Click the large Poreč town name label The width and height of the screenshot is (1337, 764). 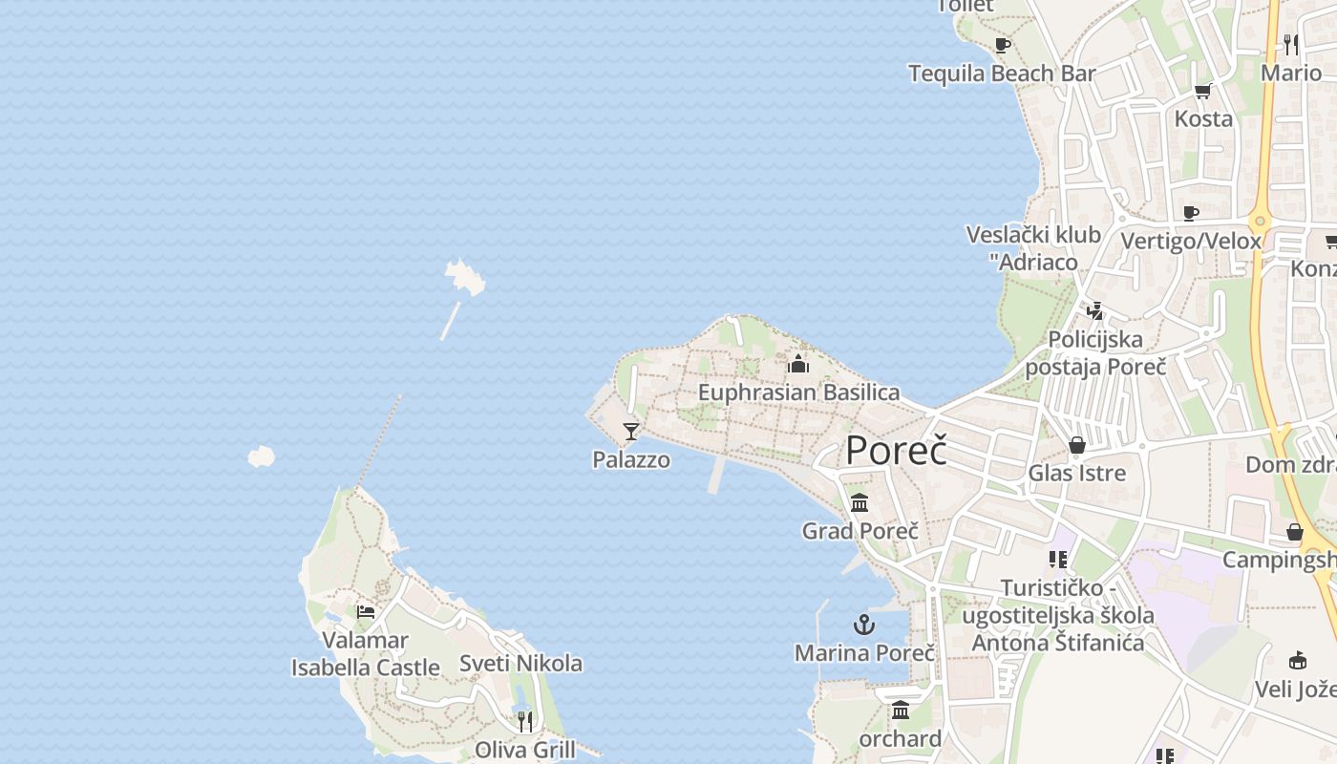(x=896, y=450)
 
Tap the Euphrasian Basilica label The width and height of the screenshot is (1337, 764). (x=798, y=393)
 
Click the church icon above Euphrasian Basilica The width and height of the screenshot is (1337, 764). (x=798, y=364)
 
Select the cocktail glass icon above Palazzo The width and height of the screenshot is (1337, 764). (x=630, y=432)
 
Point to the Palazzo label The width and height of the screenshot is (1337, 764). (x=631, y=459)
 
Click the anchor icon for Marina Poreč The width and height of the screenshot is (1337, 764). (x=863, y=626)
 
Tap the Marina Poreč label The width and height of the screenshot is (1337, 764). (x=864, y=653)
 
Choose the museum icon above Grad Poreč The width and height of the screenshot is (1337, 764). (x=859, y=502)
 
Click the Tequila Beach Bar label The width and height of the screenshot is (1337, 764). (x=1002, y=74)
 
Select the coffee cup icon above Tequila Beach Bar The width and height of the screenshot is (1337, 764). (x=1002, y=45)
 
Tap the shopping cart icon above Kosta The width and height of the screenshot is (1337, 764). (x=1202, y=92)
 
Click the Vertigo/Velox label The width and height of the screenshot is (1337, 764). (x=1191, y=241)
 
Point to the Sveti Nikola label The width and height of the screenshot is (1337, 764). (x=520, y=663)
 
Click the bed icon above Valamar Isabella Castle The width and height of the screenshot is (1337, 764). (x=365, y=612)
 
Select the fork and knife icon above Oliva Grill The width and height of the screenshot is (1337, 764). (x=524, y=721)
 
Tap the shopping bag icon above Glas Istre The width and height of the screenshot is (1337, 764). (x=1077, y=445)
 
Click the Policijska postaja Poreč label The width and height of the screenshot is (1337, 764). (x=1095, y=352)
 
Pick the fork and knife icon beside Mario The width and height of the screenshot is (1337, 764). (x=1291, y=44)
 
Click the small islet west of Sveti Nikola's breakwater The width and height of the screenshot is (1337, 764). (x=261, y=457)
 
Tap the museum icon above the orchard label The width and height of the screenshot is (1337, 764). (x=900, y=711)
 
